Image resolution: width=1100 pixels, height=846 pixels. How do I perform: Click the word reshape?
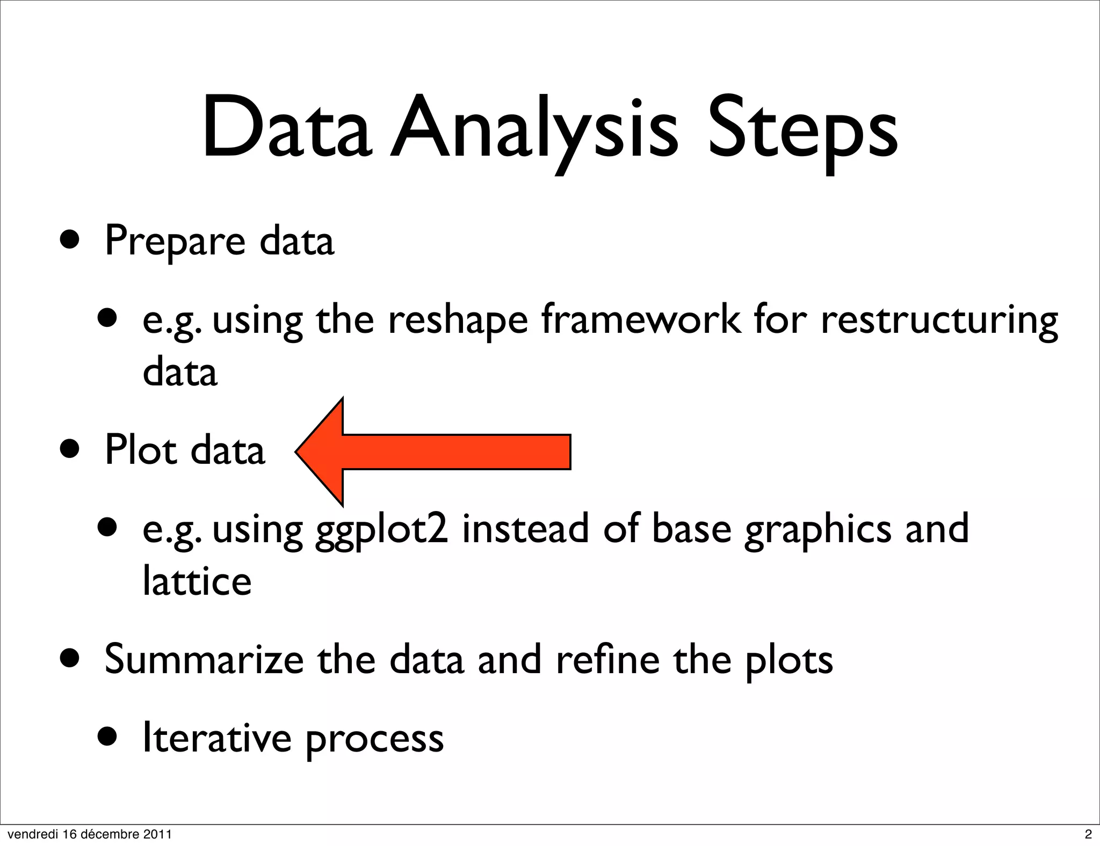click(458, 320)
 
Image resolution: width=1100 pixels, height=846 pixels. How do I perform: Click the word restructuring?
click(939, 320)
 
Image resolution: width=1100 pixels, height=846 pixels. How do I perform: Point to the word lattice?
click(197, 581)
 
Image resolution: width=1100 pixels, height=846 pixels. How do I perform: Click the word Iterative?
click(216, 738)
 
